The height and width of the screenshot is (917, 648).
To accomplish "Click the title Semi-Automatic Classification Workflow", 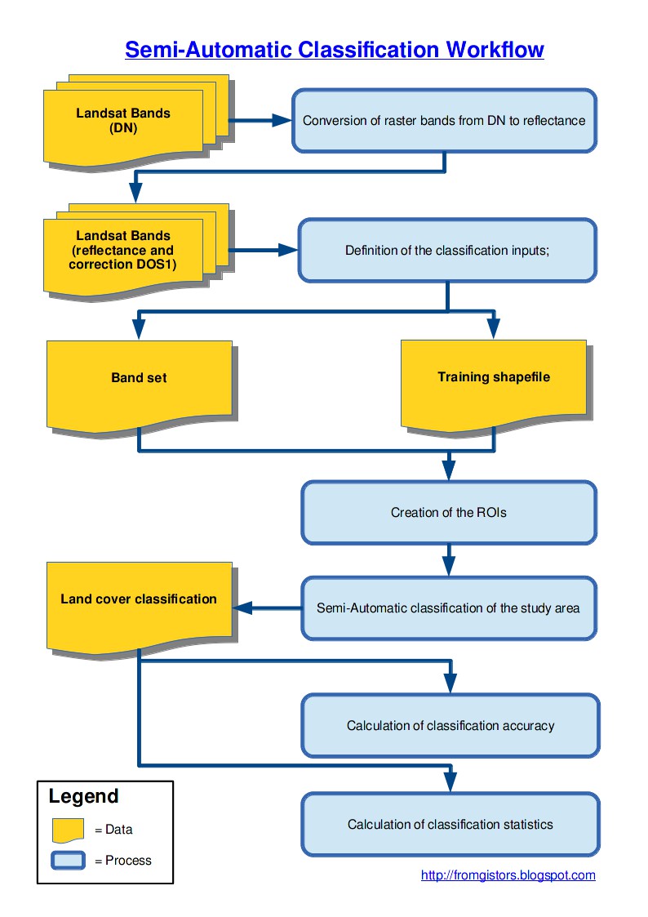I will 334,50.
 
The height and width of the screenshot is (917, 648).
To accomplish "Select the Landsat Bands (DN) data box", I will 123,122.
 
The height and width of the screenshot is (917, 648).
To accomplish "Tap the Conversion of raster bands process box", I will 444,121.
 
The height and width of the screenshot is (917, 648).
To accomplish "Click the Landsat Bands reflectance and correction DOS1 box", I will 123,251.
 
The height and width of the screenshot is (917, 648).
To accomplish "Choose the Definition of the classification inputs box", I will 447,251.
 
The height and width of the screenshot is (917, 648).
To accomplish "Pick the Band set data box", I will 139,379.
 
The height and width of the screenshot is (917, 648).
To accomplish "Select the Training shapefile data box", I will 493,377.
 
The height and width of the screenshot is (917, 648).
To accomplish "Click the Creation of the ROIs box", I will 449,513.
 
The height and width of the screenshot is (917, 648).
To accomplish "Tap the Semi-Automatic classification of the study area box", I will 449,608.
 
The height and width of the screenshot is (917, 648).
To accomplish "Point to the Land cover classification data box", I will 139,600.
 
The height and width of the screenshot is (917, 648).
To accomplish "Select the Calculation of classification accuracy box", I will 450,725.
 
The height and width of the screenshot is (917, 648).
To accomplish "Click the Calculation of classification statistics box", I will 450,824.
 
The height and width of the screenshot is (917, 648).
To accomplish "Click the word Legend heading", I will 83,796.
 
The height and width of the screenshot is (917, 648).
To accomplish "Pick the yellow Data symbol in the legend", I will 69,830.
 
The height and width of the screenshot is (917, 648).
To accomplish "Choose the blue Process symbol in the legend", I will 69,860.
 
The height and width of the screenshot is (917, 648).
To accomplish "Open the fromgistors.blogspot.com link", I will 508,875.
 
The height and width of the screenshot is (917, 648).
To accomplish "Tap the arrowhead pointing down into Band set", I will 139,328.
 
